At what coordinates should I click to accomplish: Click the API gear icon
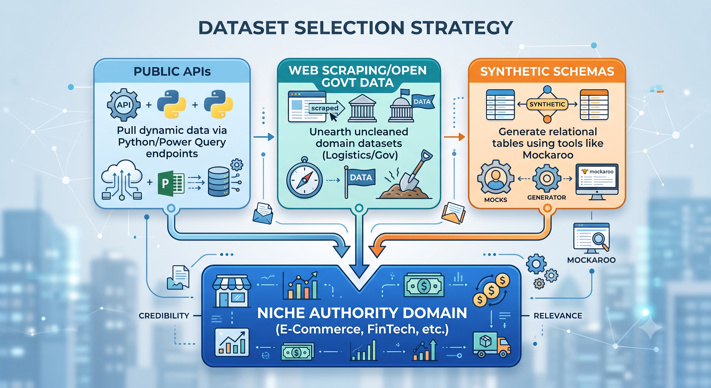(x=124, y=105)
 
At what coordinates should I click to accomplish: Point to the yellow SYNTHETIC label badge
(x=547, y=104)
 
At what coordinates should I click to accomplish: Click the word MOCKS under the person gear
(x=496, y=200)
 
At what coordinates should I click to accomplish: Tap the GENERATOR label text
(x=546, y=198)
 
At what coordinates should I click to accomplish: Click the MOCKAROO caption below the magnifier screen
(x=591, y=260)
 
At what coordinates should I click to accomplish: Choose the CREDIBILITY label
(x=164, y=316)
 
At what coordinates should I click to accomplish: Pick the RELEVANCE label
(x=558, y=316)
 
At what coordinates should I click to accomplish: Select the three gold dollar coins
(x=491, y=290)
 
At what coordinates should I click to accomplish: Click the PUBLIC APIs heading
(x=172, y=71)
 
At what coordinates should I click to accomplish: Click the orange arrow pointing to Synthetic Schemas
(x=454, y=137)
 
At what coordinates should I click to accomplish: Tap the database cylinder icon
(x=219, y=181)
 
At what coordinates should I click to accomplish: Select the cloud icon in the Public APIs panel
(x=122, y=180)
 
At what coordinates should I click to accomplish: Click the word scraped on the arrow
(x=325, y=108)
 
